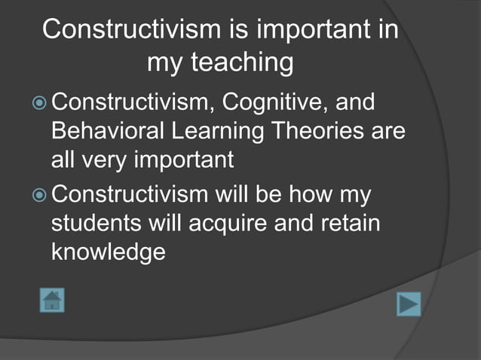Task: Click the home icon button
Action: [51, 300]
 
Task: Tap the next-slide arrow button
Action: [408, 304]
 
